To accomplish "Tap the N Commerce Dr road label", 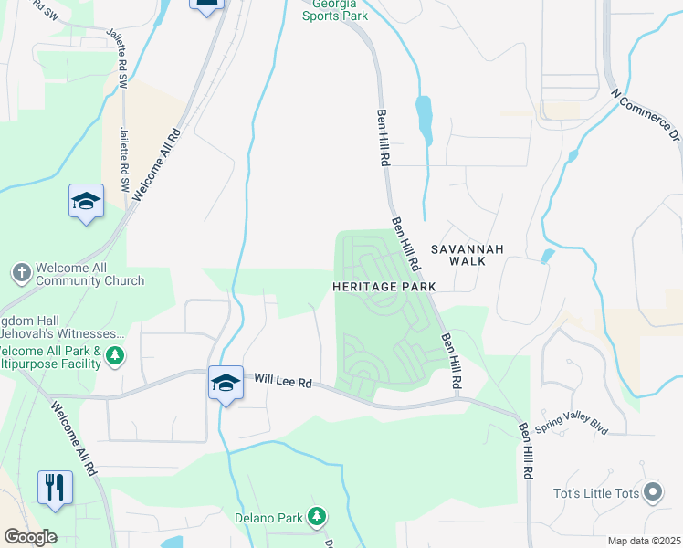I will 647,115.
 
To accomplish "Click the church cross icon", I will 22,272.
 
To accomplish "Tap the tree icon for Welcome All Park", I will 114,354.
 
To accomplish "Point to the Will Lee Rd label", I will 283,381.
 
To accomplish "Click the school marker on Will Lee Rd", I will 226,384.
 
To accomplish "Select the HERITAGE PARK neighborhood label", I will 384,286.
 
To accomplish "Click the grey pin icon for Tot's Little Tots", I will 652,494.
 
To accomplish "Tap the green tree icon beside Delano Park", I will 316,518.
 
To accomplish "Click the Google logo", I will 29,537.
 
